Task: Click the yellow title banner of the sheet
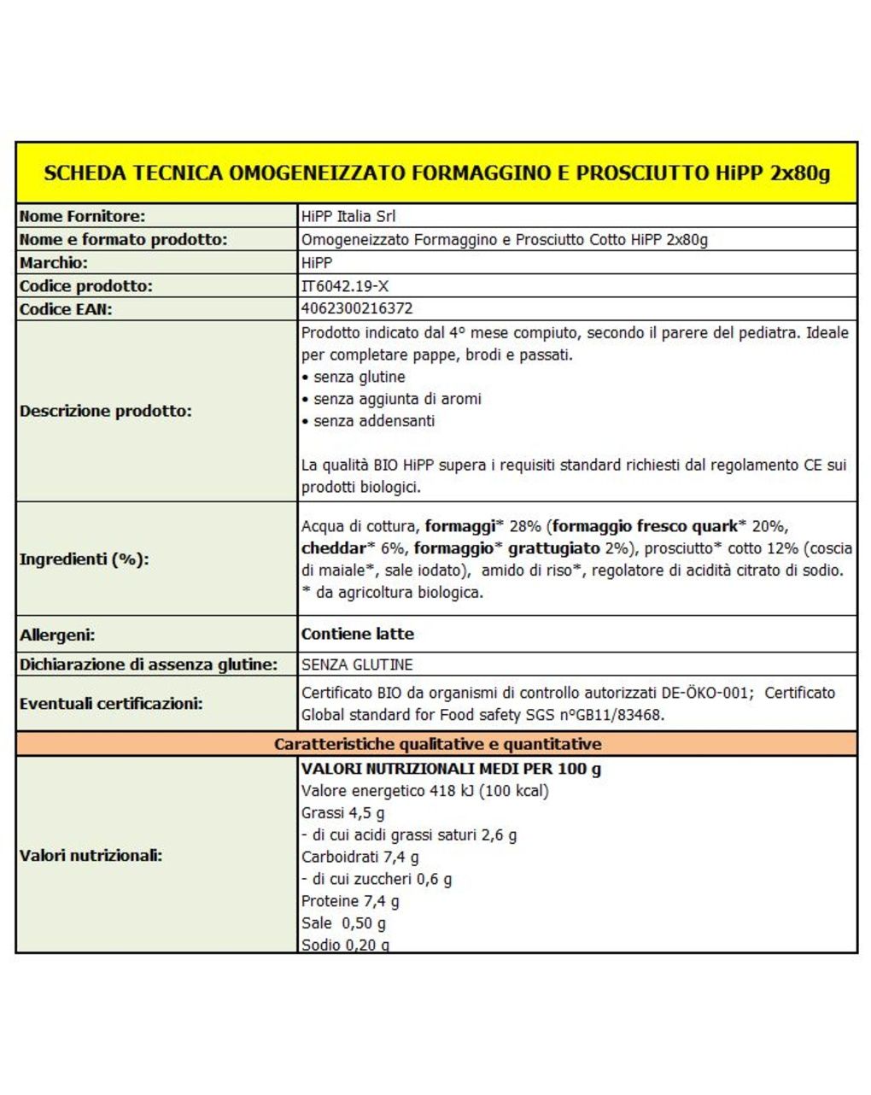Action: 436,173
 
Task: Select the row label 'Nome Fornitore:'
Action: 83,216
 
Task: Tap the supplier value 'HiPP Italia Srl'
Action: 348,216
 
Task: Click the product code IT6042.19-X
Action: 345,286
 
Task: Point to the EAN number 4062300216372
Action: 357,308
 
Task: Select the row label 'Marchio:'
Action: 54,263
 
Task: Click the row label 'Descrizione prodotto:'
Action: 106,411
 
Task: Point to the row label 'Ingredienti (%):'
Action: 85,559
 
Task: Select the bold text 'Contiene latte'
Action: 358,634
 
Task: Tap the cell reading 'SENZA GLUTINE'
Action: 357,665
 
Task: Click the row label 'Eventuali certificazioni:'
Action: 111,704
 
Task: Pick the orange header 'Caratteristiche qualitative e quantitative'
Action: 437,744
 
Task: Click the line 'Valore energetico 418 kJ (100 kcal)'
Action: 425,791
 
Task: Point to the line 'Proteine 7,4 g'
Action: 350,901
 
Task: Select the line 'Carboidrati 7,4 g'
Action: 360,857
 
